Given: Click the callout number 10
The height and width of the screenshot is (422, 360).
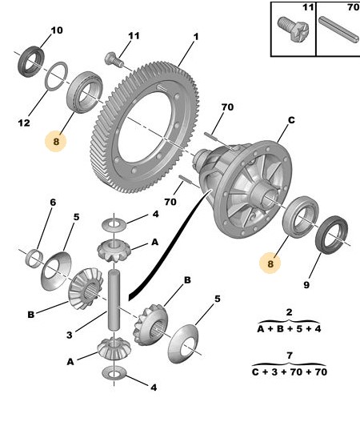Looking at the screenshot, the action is (57, 30).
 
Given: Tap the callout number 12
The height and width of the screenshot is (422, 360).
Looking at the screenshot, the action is (24, 123).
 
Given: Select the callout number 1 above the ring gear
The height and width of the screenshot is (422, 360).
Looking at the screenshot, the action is (196, 37).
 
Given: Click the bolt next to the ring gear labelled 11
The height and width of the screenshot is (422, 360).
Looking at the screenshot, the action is (114, 60).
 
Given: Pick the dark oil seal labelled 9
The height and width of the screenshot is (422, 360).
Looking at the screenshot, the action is (331, 235).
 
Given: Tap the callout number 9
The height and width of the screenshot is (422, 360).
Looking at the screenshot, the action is (306, 284).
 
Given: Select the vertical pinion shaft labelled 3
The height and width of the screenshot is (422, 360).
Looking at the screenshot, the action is (114, 299).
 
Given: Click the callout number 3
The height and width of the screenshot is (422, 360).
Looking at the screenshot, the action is (70, 335).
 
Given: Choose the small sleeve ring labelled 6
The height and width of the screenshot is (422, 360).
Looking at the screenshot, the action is (34, 259).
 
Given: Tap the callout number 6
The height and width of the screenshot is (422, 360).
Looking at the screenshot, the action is (53, 202).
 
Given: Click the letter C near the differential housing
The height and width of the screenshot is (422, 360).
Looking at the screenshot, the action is (291, 120).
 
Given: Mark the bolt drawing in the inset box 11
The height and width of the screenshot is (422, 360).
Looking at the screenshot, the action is (293, 29).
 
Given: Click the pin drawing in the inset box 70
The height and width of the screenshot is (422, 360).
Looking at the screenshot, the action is (338, 30).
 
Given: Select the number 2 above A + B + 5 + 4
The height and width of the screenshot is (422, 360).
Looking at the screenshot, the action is (289, 312).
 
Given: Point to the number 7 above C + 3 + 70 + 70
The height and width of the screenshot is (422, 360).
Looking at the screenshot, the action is (290, 356).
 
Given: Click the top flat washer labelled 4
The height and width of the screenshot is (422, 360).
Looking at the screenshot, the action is (114, 224).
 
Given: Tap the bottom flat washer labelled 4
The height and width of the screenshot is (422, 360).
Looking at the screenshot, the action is (114, 372).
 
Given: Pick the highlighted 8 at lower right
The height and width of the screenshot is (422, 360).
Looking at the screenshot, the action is (270, 263).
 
